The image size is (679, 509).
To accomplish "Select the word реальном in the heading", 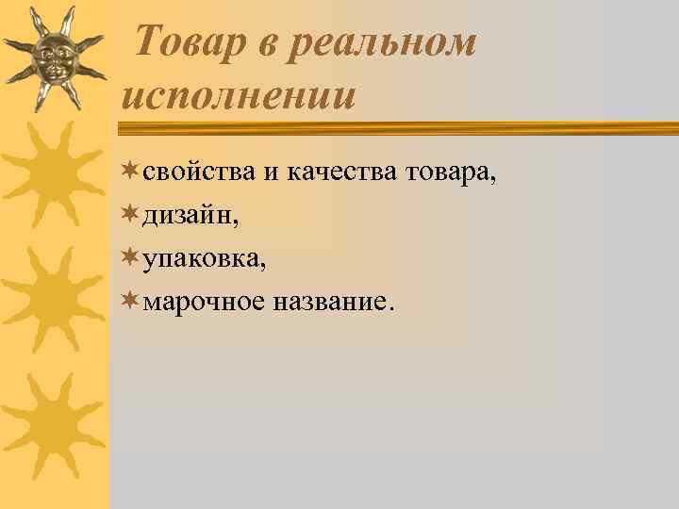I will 388,42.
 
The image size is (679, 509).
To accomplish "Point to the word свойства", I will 197,172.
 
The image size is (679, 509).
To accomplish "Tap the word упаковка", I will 200,259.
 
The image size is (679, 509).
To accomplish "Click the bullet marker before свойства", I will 130,170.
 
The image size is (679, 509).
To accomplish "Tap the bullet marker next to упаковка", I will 130,256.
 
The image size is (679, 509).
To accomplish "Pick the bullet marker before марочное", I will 130,300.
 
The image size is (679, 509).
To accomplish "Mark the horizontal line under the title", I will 400,126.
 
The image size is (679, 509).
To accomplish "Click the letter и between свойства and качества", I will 269,173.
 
